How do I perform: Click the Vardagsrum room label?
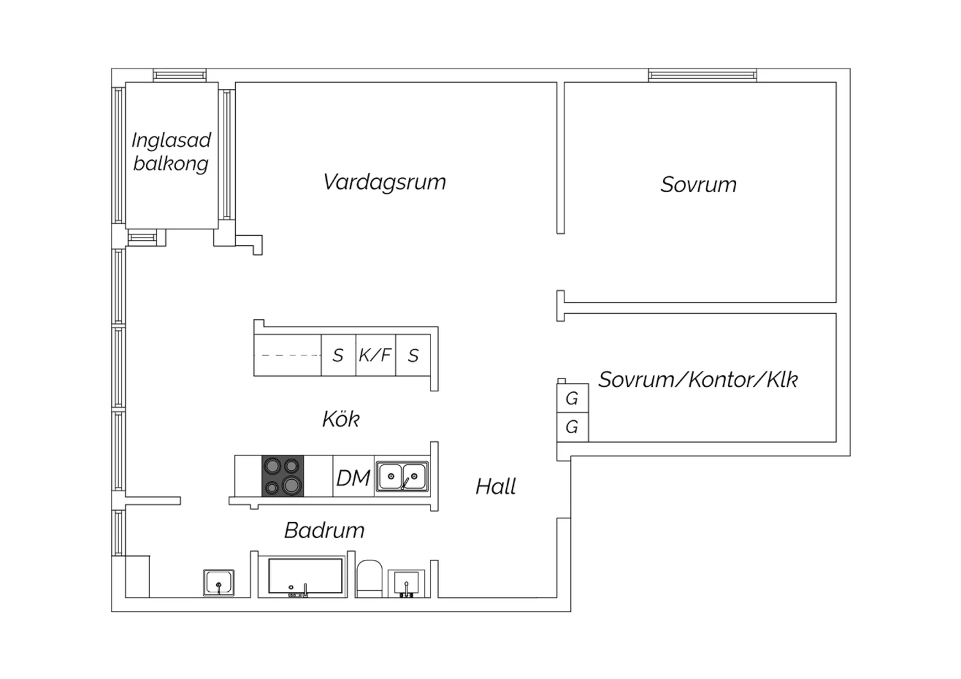[384, 182]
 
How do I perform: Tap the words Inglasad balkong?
[171, 152]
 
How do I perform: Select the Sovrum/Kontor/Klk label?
[698, 380]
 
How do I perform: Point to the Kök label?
[340, 420]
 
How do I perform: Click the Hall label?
[495, 487]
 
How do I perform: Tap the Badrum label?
[324, 530]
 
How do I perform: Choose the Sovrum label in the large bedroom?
[698, 184]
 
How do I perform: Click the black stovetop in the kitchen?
[283, 476]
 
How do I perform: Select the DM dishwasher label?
[353, 478]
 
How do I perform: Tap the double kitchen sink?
[402, 477]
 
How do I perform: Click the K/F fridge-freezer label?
[375, 355]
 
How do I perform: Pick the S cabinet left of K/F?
[338, 356]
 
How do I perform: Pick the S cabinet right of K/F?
[414, 356]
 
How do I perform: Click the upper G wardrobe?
[572, 398]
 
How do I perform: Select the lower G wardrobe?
[572, 427]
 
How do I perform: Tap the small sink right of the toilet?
[406, 583]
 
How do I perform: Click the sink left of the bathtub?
[218, 583]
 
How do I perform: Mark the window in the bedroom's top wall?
[702, 76]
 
